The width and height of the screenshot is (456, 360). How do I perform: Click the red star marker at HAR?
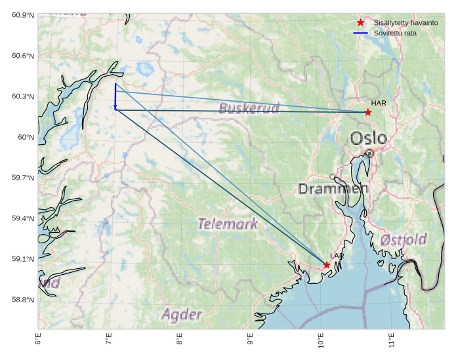pos(368,112)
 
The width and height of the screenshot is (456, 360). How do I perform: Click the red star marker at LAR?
pos(327,265)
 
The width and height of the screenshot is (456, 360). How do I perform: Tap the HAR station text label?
pos(378,103)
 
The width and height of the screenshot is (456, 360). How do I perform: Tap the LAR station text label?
pos(337,256)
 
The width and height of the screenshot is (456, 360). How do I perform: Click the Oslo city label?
pos(368,138)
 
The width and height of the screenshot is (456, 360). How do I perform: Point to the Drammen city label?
pos(333,189)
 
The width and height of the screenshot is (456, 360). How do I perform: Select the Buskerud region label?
pos(249,108)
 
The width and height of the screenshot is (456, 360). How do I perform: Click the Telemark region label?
pos(228,224)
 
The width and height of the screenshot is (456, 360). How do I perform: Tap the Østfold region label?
pos(404,239)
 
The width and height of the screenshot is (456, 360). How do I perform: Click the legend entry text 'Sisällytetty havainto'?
pos(401,22)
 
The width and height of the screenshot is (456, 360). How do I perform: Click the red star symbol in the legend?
pos(360,22)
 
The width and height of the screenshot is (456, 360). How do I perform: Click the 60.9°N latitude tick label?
pos(22,15)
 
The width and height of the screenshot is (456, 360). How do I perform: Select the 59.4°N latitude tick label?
pos(22,218)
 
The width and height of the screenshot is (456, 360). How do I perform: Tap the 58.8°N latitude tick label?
pos(22,300)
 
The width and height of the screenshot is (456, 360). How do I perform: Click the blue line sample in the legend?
pos(360,33)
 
